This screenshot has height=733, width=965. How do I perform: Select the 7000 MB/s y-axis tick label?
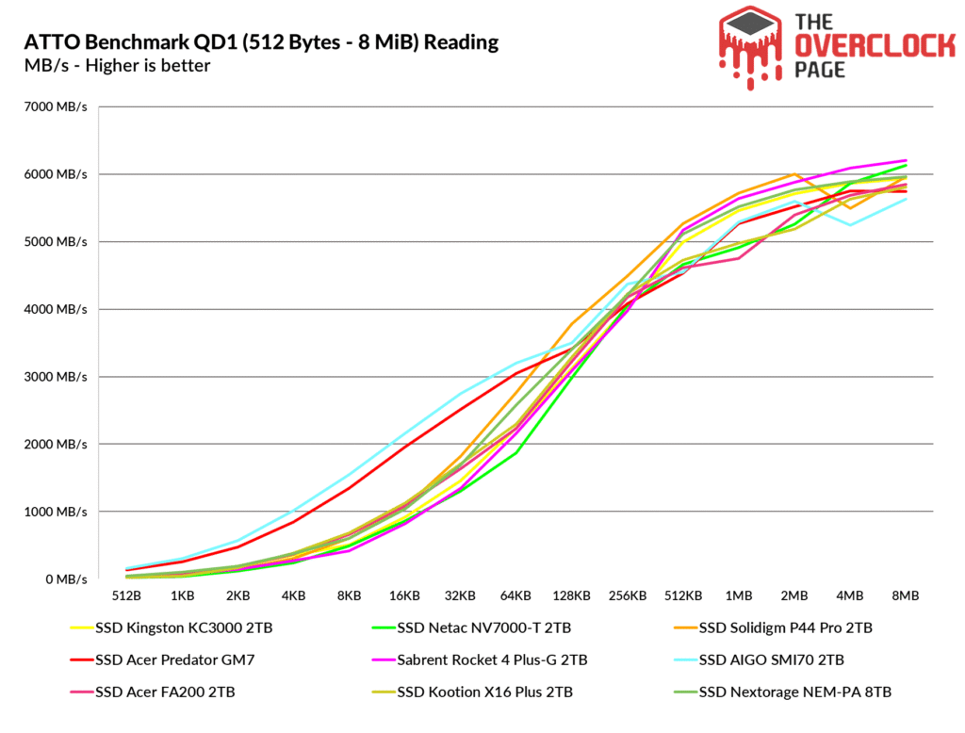point(56,106)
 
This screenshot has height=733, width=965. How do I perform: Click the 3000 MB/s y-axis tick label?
point(56,377)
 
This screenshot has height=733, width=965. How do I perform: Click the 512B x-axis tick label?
point(126,596)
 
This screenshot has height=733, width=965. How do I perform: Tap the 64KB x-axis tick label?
point(516,596)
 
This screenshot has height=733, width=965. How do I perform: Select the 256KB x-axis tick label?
point(627,596)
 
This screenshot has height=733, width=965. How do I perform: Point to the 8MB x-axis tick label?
point(906,596)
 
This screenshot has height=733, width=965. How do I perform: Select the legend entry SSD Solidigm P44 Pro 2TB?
point(801,627)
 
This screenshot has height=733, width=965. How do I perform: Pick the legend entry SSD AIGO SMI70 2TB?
point(787,660)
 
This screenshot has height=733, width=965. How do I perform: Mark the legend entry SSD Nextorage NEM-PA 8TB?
point(810,692)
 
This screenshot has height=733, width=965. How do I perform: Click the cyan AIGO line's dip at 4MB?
point(850,225)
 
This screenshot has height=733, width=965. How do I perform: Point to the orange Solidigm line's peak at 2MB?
point(795,174)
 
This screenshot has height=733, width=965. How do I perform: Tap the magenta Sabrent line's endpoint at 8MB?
point(906,160)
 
